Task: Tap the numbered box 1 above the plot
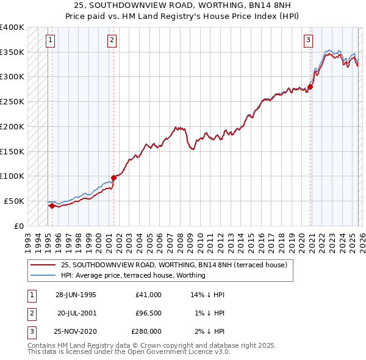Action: [x=49, y=41]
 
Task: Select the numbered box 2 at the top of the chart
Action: [x=112, y=41]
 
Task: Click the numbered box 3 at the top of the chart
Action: [x=308, y=41]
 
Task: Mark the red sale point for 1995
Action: [x=52, y=206]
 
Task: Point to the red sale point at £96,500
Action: [x=113, y=178]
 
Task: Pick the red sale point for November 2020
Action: [x=310, y=87]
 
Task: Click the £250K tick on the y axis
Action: [x=12, y=101]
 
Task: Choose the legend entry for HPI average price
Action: [x=133, y=275]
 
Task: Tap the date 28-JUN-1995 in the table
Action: [x=76, y=295]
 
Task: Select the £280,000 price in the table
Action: [x=146, y=331]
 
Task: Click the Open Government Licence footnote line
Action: [x=129, y=352]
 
